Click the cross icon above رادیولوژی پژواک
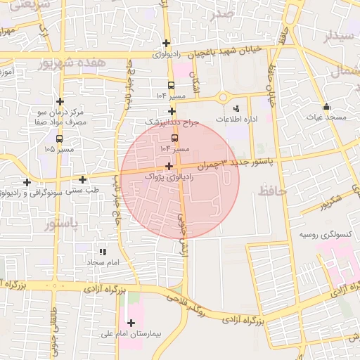point(169,167)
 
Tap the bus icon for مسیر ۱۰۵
point(60,139)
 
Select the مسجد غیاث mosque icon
point(326,107)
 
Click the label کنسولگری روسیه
point(324,234)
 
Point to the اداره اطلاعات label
point(236,120)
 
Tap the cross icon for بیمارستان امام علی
point(131,323)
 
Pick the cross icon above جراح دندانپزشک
point(172,111)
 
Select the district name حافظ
point(273,191)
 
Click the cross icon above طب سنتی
point(83,180)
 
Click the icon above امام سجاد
point(103,251)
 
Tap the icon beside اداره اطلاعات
point(236,108)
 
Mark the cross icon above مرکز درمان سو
point(60,101)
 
